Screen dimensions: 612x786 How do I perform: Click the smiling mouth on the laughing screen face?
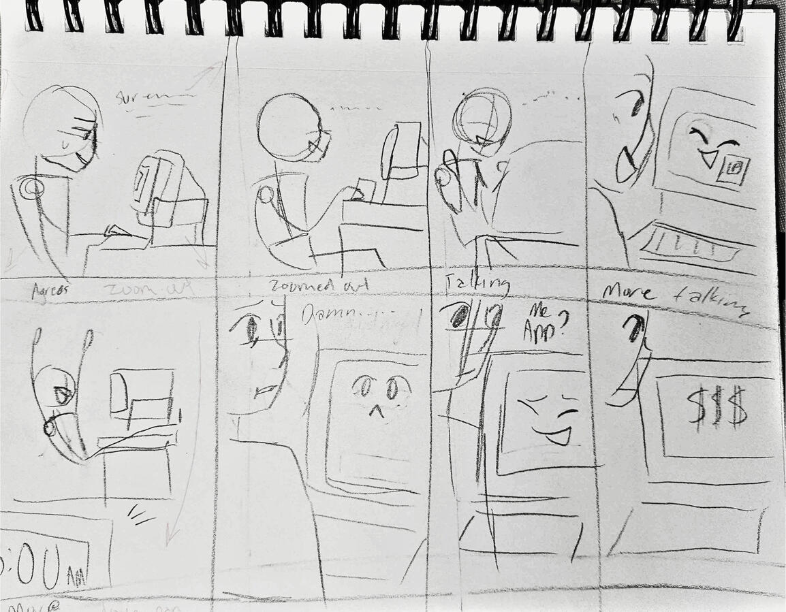point(557,435)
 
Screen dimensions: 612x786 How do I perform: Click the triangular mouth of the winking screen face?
point(708,161)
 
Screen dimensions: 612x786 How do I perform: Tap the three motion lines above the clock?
point(141,515)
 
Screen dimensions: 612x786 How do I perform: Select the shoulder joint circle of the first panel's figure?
point(29,188)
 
